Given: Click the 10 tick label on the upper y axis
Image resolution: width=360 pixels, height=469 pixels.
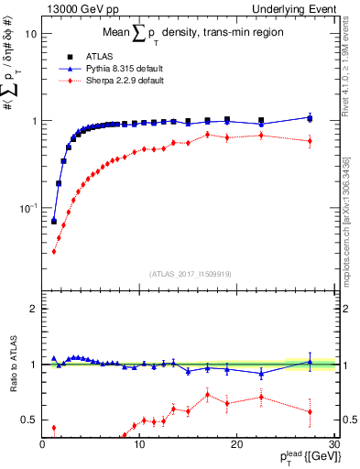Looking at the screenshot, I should coord(29,34).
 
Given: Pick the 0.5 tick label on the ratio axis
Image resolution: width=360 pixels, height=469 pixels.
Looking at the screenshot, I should coord(27,420).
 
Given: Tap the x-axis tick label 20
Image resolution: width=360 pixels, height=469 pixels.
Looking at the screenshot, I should coord(236,444).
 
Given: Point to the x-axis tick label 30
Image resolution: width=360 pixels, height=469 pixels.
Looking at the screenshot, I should coord(333,444).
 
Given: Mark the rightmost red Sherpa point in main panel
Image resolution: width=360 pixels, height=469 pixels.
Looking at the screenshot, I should coord(310,141).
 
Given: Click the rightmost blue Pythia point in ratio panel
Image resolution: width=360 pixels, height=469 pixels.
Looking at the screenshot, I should coord(310,362).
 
